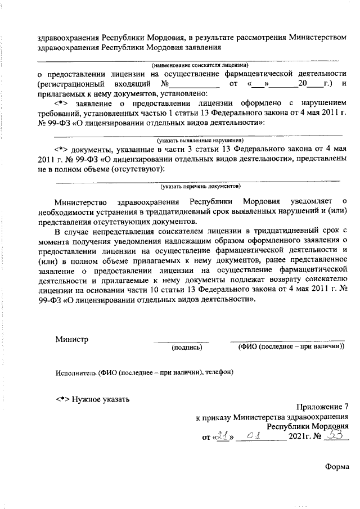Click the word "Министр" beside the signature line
tap(71, 339)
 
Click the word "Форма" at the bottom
tap(337, 466)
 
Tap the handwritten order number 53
tap(335, 435)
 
